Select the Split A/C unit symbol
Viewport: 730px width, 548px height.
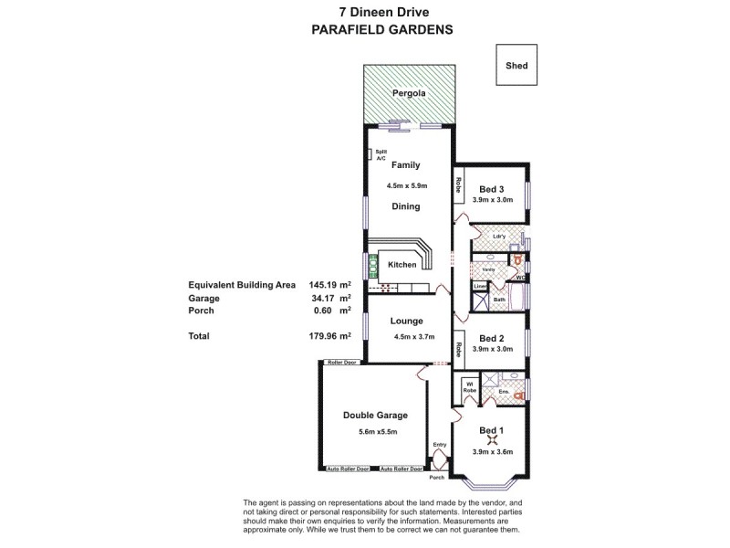[x=370, y=155]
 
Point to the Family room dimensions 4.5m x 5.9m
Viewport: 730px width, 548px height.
[x=405, y=186]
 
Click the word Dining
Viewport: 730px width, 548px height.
[x=406, y=206]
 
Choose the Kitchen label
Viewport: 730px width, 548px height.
[x=402, y=265]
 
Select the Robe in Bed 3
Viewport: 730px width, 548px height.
[x=458, y=187]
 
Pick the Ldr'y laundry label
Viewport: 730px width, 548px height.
[x=498, y=237]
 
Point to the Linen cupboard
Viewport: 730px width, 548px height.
[x=479, y=286]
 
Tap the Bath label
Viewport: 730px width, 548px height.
[x=499, y=300]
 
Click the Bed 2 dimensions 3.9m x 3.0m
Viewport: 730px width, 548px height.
[x=493, y=349]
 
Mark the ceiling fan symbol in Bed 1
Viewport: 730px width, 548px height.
[x=492, y=442]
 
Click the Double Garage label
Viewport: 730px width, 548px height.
[x=375, y=415]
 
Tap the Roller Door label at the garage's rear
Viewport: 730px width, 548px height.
[x=339, y=362]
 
